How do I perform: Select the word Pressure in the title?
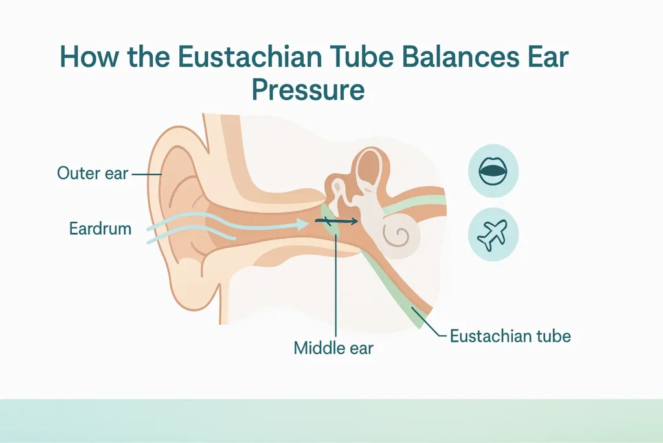click(x=308, y=90)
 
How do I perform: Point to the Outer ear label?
click(x=93, y=173)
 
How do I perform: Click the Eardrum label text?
click(x=100, y=229)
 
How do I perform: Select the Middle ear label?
click(x=333, y=348)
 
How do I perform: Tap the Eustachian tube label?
click(x=510, y=336)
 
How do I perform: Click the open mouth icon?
click(x=493, y=171)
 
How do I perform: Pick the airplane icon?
click(x=493, y=234)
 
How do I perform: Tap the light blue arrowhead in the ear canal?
click(x=303, y=224)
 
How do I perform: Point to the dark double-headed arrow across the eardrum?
click(x=336, y=221)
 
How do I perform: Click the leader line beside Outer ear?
click(x=146, y=174)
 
